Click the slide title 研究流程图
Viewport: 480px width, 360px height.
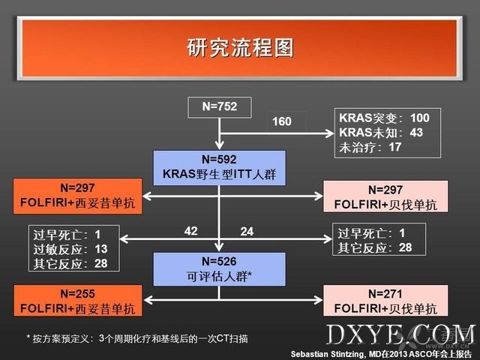[240, 48]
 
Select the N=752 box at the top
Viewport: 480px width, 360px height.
[220, 107]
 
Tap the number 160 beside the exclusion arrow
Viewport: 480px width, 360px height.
[282, 121]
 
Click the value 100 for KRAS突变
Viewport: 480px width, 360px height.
[420, 118]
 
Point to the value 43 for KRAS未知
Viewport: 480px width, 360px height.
[416, 133]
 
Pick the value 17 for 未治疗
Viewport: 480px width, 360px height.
[395, 147]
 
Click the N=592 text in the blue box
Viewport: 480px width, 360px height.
[219, 160]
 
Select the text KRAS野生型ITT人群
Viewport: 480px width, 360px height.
[219, 174]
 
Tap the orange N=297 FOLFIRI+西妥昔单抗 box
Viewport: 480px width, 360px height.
[78, 196]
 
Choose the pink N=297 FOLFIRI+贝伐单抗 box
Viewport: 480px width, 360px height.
[385, 196]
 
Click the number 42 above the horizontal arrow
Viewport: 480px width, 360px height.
[190, 231]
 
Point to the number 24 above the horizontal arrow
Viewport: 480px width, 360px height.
[247, 232]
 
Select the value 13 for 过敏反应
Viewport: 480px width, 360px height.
[101, 249]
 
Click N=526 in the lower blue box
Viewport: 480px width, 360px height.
[219, 262]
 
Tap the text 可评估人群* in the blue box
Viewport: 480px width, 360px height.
[219, 277]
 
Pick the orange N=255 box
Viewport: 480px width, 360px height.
[78, 301]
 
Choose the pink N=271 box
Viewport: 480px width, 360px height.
[385, 301]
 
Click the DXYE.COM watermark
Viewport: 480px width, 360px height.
[401, 335]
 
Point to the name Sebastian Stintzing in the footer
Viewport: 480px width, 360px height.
[327, 354]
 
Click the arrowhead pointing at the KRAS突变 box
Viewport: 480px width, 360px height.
[330, 133]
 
